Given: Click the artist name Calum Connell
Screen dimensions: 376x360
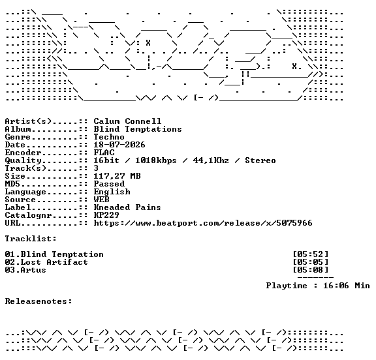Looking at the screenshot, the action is tap(127, 121).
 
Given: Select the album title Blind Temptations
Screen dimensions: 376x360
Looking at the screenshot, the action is tap(138, 129).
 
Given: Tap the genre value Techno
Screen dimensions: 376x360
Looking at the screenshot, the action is tap(109, 137).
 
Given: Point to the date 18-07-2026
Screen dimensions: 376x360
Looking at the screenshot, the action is tap(119, 145).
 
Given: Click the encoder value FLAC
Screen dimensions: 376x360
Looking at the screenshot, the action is tap(104, 153).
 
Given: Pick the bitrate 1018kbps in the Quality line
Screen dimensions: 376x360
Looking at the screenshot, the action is tap(156, 160).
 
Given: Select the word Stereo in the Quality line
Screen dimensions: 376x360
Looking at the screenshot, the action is tap(260, 160).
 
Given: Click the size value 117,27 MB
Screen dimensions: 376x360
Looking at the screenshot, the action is tap(117, 176).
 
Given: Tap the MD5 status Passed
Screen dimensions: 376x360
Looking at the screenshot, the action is tap(109, 184).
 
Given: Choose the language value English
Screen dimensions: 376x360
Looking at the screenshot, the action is tap(112, 192).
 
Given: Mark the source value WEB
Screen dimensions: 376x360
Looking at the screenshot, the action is tap(101, 200).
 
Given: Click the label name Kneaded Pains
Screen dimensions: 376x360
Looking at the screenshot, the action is tap(127, 207).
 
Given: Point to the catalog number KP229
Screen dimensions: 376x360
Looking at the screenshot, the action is tap(106, 215).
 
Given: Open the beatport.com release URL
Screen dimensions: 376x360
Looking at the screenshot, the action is tap(203, 223).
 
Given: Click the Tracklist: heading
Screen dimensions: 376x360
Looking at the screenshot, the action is tap(31, 239).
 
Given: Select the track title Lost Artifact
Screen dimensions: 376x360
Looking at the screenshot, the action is tap(54, 262).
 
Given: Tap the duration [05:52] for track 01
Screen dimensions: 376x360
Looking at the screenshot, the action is tap(311, 254).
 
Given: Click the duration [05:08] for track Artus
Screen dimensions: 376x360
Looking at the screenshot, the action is tap(311, 270).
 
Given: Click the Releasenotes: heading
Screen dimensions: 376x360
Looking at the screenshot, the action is tap(39, 301).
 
